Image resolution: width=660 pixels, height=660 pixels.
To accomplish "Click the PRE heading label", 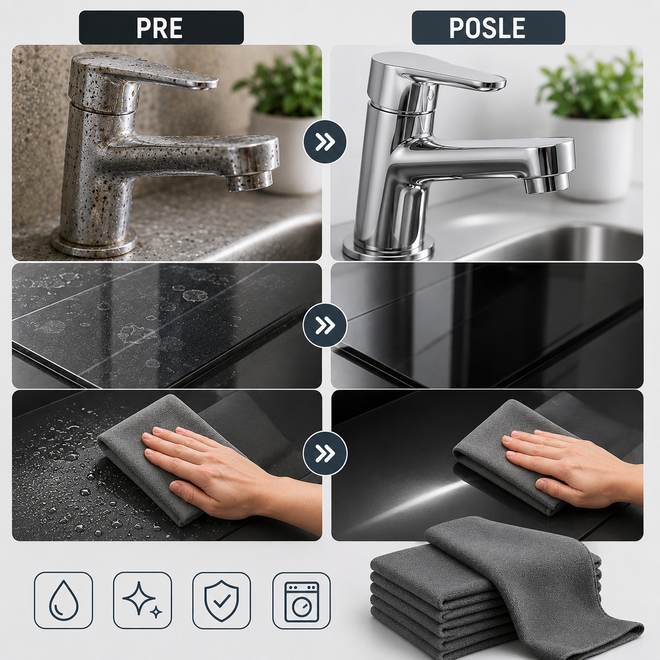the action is tap(162, 27).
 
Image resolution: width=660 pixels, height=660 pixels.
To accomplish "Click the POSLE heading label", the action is tap(488, 27).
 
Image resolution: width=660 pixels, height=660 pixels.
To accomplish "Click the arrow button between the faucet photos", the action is tap(325, 142).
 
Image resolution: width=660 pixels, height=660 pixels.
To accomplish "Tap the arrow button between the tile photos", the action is tap(325, 325).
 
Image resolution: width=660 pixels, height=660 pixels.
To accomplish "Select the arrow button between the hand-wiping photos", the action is tap(325, 454).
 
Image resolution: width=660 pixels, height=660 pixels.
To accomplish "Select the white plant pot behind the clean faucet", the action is tap(598, 157).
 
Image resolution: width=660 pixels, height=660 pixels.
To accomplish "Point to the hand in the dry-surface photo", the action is tap(572, 469).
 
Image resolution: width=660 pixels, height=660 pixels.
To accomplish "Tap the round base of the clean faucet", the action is tap(387, 248).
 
